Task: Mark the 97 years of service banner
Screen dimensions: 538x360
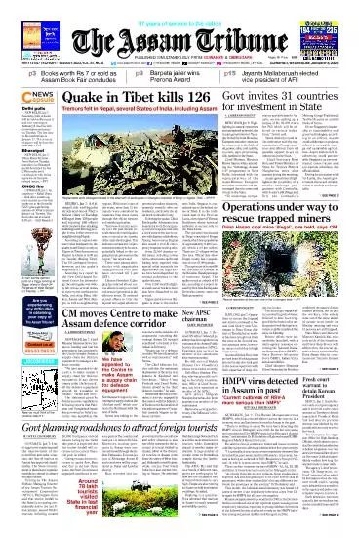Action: [x=180, y=7]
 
